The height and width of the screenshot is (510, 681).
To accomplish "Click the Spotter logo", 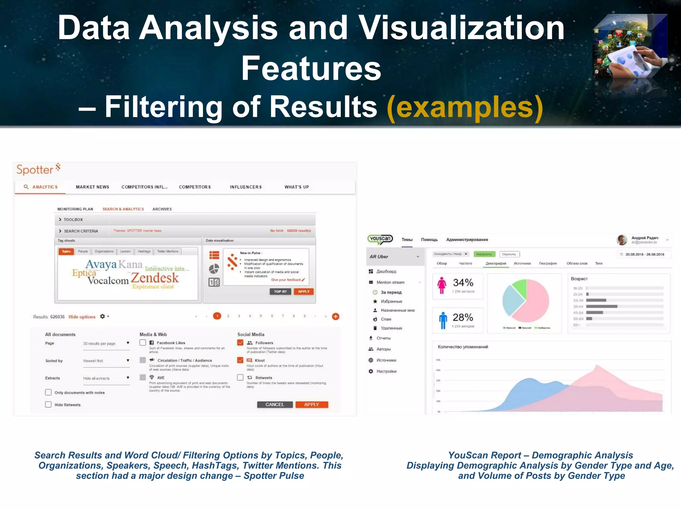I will tap(38, 169).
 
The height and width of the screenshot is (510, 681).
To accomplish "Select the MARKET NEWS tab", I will tap(92, 187).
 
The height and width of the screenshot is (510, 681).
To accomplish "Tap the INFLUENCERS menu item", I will tap(246, 187).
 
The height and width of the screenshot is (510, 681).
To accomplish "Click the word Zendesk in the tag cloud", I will tap(155, 278).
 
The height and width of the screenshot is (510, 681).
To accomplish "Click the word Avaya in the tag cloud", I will tap(101, 264).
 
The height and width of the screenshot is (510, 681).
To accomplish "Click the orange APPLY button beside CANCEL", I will tap(311, 404).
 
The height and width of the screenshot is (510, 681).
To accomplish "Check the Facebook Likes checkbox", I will tap(143, 343).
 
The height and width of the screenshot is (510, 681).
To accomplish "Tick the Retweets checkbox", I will tap(240, 378).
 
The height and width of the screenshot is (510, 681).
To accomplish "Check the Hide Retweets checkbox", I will tap(49, 404).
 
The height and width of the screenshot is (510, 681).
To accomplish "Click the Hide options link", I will tap(82, 317).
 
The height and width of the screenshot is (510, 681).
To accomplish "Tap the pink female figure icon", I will tap(442, 285).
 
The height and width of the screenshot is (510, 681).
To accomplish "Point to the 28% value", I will tap(463, 317).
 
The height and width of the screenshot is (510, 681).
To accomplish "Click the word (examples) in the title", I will tap(465, 107).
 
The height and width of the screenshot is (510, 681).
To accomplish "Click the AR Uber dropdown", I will tap(395, 257).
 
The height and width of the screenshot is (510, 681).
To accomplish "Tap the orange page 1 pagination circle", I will tap(217, 316).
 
